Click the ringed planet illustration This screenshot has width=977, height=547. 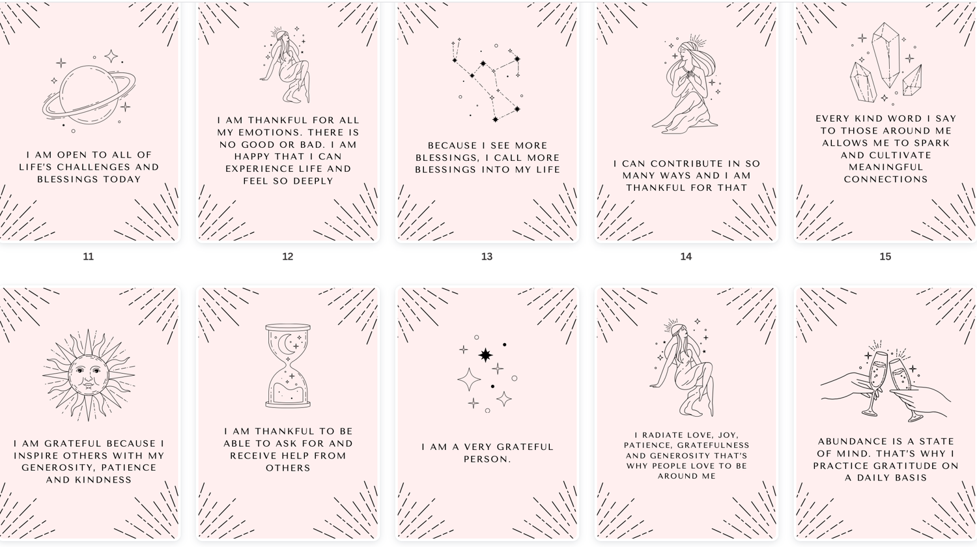pos(89,95)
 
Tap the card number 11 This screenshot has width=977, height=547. pos(88,257)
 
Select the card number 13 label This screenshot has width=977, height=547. pos(487,257)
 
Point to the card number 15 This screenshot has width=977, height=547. pos(885,257)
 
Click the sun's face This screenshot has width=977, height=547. pos(89,376)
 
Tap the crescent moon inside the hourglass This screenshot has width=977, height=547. pos(285,345)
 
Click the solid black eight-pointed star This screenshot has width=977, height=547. pos(485,355)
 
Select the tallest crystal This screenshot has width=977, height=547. pos(886,54)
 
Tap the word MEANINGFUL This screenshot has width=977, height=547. pos(886,167)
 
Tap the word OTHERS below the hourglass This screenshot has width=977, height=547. pos(288,468)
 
